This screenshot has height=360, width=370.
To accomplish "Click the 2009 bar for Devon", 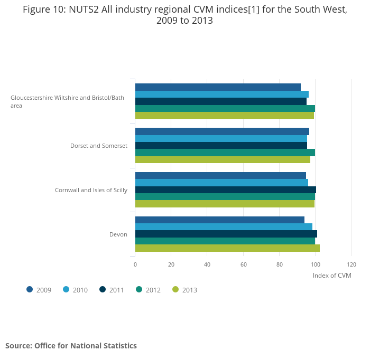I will [219, 220].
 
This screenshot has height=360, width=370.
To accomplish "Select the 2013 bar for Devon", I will [227, 248].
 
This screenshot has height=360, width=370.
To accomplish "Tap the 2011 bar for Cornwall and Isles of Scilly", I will [225, 190].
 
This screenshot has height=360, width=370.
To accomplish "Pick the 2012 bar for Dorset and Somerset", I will [225, 153].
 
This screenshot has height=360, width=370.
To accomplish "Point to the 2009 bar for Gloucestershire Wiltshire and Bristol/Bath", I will [218, 87].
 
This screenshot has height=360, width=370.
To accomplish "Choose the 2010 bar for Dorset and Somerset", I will [221, 138].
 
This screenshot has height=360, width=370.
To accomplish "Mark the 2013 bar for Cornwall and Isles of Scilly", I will [225, 204].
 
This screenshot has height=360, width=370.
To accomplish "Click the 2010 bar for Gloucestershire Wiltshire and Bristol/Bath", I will [221, 94].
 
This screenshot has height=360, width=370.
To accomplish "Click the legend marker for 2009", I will [30, 289].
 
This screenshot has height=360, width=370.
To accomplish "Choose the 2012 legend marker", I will [139, 289].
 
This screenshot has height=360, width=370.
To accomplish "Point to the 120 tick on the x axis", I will [351, 264].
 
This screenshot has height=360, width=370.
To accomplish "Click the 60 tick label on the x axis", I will [243, 264].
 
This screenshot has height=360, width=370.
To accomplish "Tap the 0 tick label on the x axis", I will [135, 264].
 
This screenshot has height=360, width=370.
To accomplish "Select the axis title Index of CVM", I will [332, 275].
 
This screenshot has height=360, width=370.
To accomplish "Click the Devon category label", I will [118, 234].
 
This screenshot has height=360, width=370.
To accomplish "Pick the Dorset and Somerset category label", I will [99, 146].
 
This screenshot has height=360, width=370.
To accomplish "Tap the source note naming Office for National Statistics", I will [71, 346].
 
